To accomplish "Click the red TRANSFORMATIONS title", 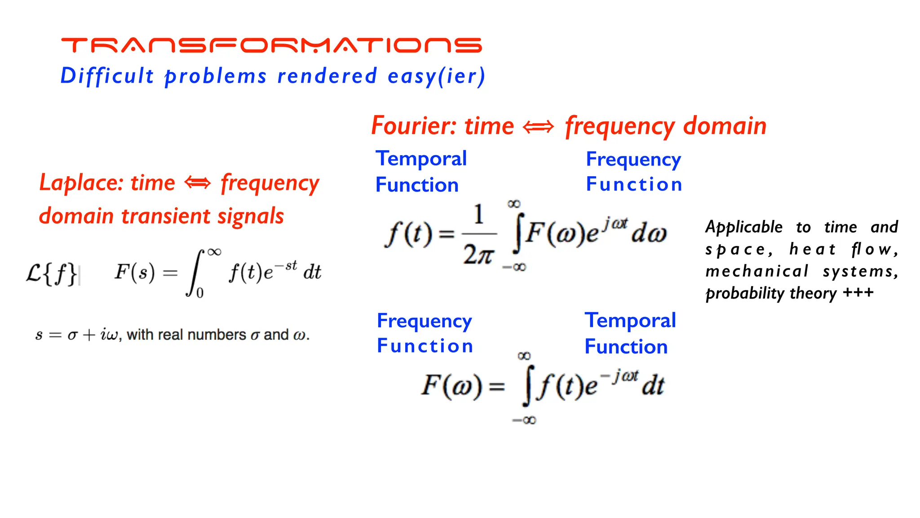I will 271,45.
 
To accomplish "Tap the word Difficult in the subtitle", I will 107,76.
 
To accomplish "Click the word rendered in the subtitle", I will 327,76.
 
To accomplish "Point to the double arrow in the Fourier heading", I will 539,127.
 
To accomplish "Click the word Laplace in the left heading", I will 81,183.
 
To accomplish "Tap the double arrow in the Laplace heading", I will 198,183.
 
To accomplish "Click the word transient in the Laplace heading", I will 167,216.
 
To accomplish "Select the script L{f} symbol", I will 51,274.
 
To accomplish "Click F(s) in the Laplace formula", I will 134,272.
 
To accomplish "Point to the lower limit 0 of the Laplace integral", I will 200,293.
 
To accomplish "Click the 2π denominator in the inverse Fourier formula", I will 478,255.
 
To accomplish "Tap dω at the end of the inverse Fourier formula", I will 649,233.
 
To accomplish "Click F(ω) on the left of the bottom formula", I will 451,386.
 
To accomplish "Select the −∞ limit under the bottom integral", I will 524,420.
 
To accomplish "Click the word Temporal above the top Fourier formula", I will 421,159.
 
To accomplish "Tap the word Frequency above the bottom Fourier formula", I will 424,321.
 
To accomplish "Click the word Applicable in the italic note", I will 744,227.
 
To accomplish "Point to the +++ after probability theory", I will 858,293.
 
